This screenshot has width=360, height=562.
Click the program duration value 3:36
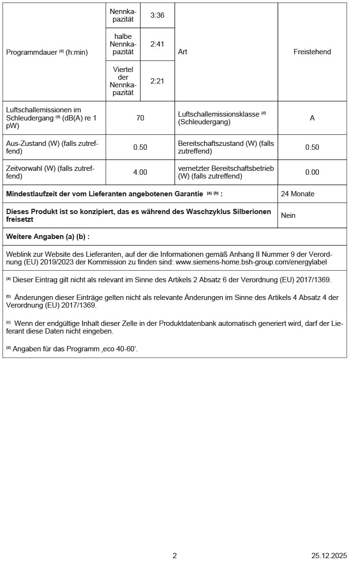click(x=157, y=15)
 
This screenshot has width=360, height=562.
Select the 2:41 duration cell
click(x=157, y=44)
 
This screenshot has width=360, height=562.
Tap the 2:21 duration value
click(x=157, y=81)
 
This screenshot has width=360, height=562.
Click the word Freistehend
click(x=312, y=52)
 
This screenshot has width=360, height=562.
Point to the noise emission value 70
click(x=140, y=118)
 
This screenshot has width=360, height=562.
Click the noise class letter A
click(x=312, y=118)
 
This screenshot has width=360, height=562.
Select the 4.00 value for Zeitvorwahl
click(x=140, y=172)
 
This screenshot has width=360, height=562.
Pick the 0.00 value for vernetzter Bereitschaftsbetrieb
click(x=312, y=172)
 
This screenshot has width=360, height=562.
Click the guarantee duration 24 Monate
click(x=298, y=194)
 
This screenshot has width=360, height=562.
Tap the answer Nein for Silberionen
click(x=288, y=215)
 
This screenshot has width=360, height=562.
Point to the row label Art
click(x=182, y=52)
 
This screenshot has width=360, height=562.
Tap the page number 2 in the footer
click(x=175, y=556)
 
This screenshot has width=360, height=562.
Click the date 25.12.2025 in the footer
click(x=329, y=556)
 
